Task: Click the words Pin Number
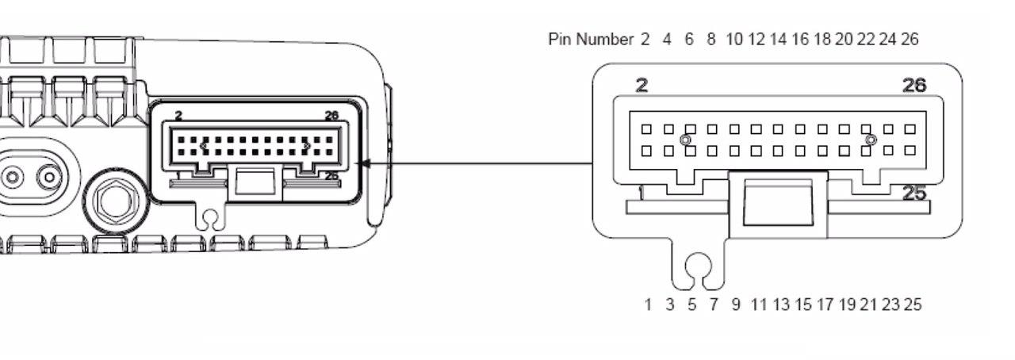click(x=590, y=40)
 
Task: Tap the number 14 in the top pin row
click(x=778, y=40)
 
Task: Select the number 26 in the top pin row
click(x=910, y=40)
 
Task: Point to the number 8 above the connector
click(x=710, y=40)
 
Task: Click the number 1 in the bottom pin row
click(x=648, y=304)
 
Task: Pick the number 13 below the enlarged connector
click(x=781, y=304)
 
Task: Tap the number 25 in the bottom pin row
click(x=913, y=304)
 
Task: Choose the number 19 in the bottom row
click(x=847, y=304)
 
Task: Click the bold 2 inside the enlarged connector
click(x=642, y=86)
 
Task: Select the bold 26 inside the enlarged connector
click(x=914, y=86)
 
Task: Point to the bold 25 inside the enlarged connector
click(x=914, y=193)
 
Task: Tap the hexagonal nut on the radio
click(x=118, y=200)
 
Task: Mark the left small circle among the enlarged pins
click(x=686, y=140)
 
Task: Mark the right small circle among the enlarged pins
click(x=871, y=140)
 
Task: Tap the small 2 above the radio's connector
click(x=178, y=116)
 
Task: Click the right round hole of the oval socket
click(x=51, y=175)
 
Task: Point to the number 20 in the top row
click(x=843, y=40)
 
